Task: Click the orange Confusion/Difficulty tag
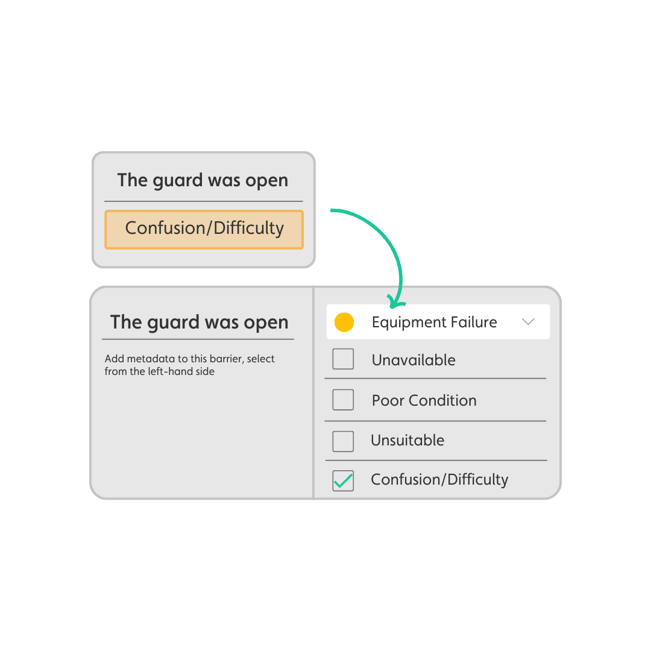(x=204, y=229)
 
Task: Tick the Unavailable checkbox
(x=343, y=360)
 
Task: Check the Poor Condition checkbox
(x=343, y=400)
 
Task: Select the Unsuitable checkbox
(x=343, y=441)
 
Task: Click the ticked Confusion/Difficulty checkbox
(x=343, y=480)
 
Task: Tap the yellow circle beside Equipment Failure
(x=344, y=322)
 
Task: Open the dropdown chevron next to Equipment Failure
(x=528, y=322)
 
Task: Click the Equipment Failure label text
(x=434, y=322)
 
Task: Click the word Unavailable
(x=414, y=360)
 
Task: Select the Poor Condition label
(x=424, y=400)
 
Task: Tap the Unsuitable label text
(x=407, y=441)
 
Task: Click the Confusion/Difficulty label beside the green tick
(x=439, y=480)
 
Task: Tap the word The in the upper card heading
(x=133, y=180)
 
